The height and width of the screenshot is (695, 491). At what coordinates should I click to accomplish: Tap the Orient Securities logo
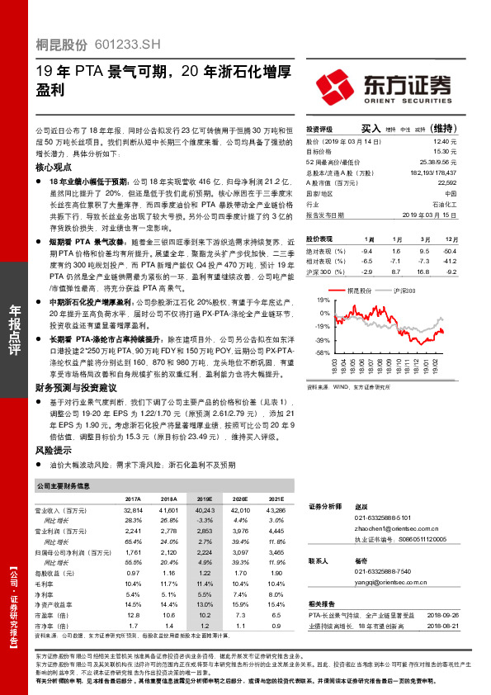point(381,85)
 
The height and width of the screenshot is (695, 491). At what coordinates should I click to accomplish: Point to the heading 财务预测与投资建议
point(75,387)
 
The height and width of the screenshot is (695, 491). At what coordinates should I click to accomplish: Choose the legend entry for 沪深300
point(403,291)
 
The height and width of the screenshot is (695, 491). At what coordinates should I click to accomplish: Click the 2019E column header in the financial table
point(204,499)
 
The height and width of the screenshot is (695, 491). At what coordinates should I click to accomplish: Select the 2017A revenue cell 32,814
point(133,511)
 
